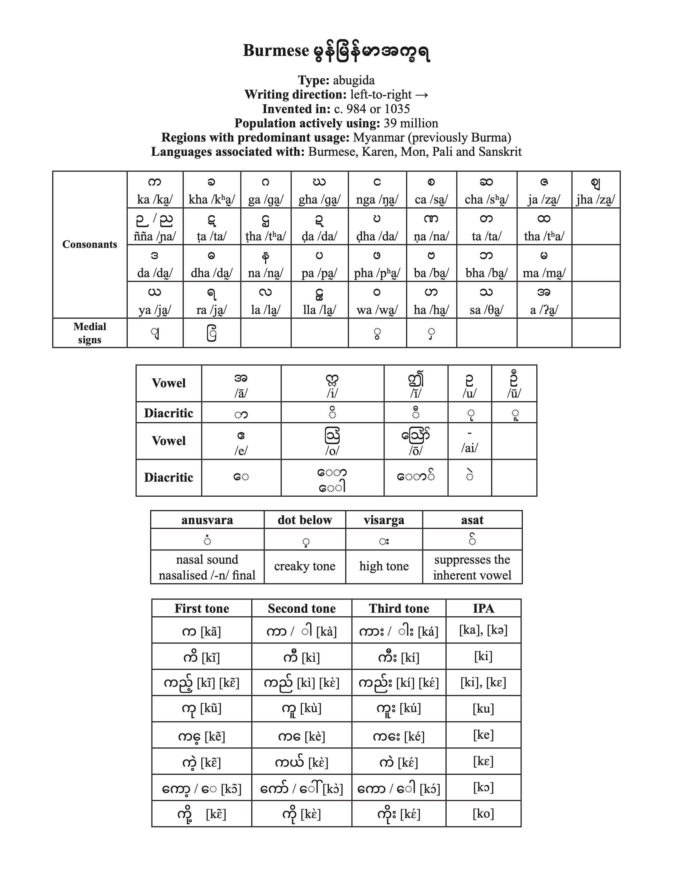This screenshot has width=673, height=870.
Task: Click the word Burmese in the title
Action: (x=276, y=51)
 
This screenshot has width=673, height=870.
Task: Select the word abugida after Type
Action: (x=354, y=80)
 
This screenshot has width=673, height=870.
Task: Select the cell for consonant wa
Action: (x=377, y=300)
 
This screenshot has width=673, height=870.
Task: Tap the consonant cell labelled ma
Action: (x=544, y=264)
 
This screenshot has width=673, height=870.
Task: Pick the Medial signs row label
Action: (x=90, y=333)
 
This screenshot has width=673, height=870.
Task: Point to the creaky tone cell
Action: (x=305, y=566)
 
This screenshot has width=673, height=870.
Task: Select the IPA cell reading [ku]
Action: (x=483, y=709)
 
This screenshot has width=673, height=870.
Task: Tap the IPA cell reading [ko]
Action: (x=483, y=813)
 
